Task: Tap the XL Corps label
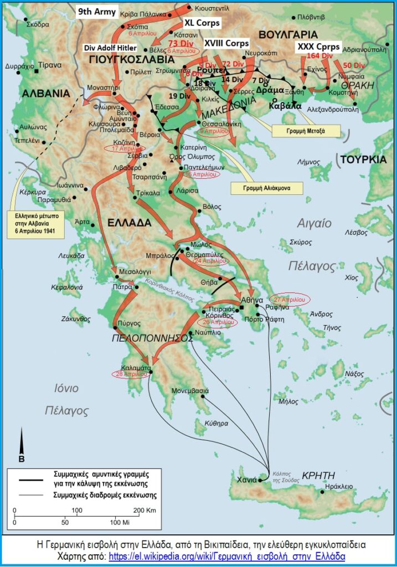point(202,23)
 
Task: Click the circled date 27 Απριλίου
point(289,299)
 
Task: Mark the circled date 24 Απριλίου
point(208,261)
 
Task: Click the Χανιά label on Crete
point(246,480)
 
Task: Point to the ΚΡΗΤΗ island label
point(319,475)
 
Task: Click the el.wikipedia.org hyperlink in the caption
point(227,556)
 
